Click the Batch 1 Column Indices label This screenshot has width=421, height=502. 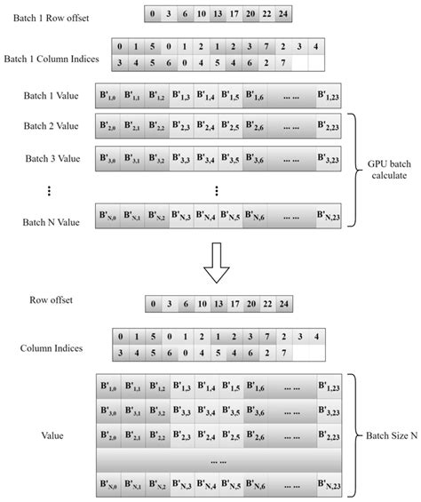tap(54, 60)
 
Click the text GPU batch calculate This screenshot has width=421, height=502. tap(389, 170)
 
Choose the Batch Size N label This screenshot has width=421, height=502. tap(391, 436)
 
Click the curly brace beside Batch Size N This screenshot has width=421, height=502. tap(355, 436)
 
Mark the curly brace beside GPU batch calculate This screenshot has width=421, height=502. tap(355, 169)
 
